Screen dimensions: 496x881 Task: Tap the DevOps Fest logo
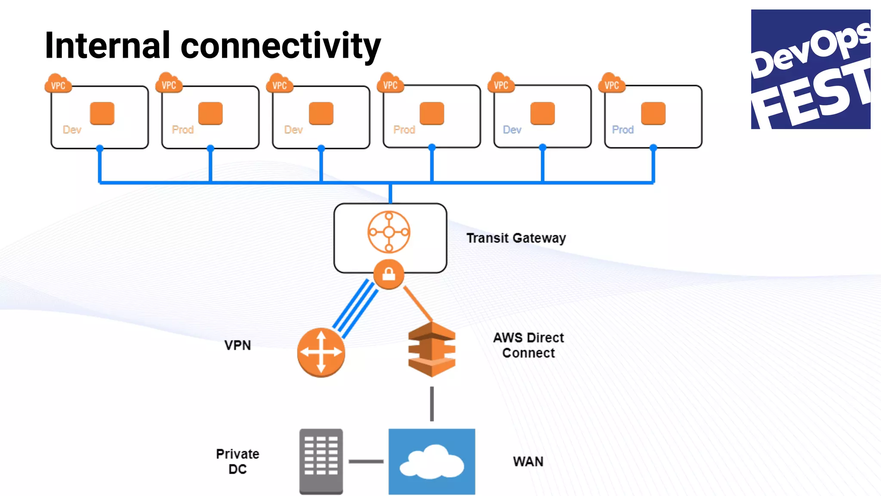click(810, 69)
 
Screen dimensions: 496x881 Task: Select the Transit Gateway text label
click(516, 238)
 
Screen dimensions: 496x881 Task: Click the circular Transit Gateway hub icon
click(389, 232)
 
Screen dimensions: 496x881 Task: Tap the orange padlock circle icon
click(389, 274)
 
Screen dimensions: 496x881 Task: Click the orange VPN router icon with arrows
click(321, 352)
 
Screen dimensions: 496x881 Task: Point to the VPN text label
click(237, 345)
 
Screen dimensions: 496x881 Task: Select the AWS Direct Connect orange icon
click(432, 349)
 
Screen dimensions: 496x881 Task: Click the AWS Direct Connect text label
click(528, 345)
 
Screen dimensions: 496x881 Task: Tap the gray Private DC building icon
click(321, 461)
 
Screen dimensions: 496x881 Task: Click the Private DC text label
click(237, 461)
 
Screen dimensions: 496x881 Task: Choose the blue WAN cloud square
click(432, 461)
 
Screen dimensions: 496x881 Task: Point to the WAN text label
click(528, 462)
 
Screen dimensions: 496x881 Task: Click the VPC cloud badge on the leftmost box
click(58, 84)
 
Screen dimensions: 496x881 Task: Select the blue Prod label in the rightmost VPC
click(622, 130)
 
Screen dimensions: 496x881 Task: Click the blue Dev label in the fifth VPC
click(512, 130)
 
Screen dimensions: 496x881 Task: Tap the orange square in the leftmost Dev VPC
click(102, 113)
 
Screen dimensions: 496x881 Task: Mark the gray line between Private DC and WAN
click(366, 461)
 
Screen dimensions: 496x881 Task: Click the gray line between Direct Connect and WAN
click(432, 403)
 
